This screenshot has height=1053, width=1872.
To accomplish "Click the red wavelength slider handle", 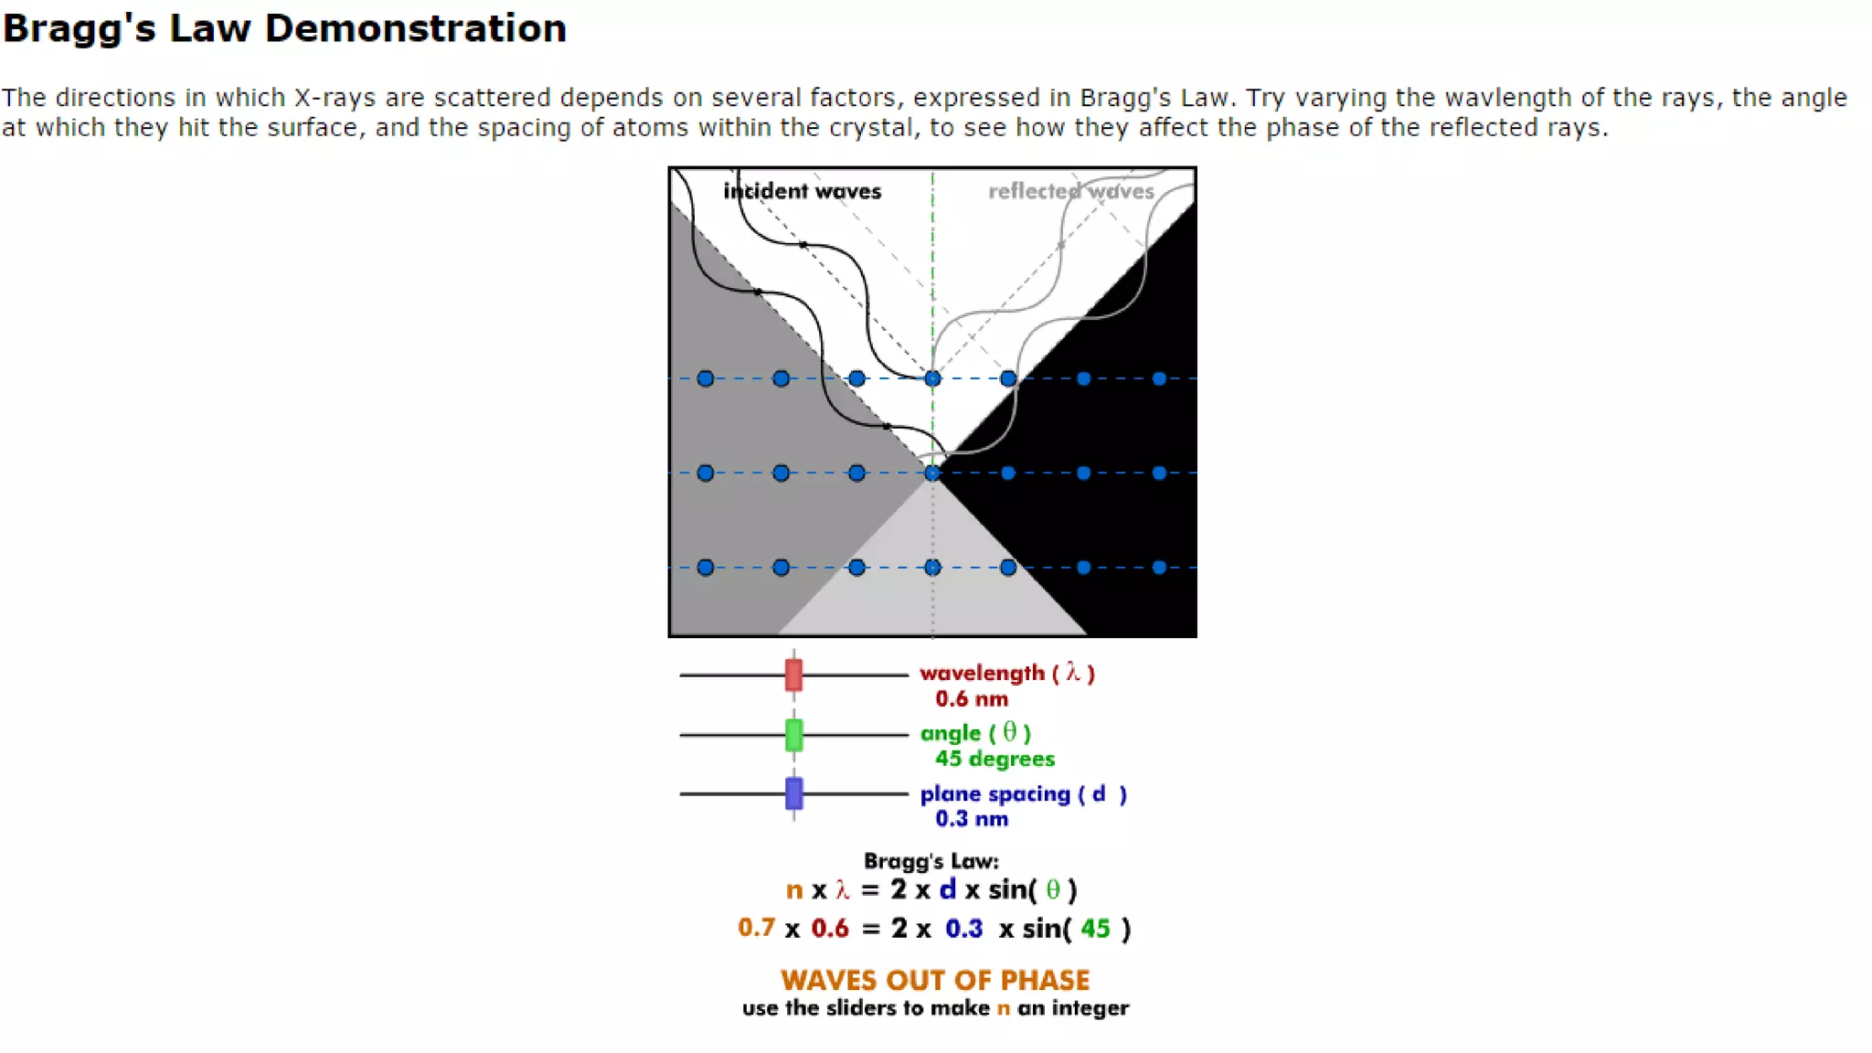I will click(793, 675).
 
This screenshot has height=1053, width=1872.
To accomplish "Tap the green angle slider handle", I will click(793, 735).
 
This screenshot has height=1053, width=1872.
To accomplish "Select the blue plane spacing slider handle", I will click(793, 793).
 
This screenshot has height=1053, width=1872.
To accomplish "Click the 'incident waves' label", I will click(802, 191).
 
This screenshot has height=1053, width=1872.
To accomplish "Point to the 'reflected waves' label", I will click(1070, 191).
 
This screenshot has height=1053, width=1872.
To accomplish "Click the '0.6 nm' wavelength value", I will click(971, 699).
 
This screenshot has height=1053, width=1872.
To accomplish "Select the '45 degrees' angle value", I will click(994, 759).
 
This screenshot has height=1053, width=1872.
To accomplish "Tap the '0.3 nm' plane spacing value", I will click(971, 819).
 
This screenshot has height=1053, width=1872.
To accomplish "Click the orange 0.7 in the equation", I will click(756, 928).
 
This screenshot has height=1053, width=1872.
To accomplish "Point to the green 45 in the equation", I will click(1095, 929).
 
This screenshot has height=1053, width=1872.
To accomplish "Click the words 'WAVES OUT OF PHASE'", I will click(935, 980).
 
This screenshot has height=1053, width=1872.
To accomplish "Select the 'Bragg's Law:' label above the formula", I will click(931, 861).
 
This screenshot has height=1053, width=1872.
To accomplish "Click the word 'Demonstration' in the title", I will click(415, 28).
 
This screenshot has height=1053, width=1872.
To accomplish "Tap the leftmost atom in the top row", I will click(705, 378).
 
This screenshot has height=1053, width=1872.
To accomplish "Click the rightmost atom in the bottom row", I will click(1159, 568).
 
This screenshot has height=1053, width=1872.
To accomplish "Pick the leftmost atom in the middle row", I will click(705, 473).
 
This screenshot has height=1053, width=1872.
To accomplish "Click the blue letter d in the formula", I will click(947, 889).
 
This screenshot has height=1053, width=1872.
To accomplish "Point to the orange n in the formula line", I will click(793, 890).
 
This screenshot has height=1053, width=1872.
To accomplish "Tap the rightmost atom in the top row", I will click(1159, 378).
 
